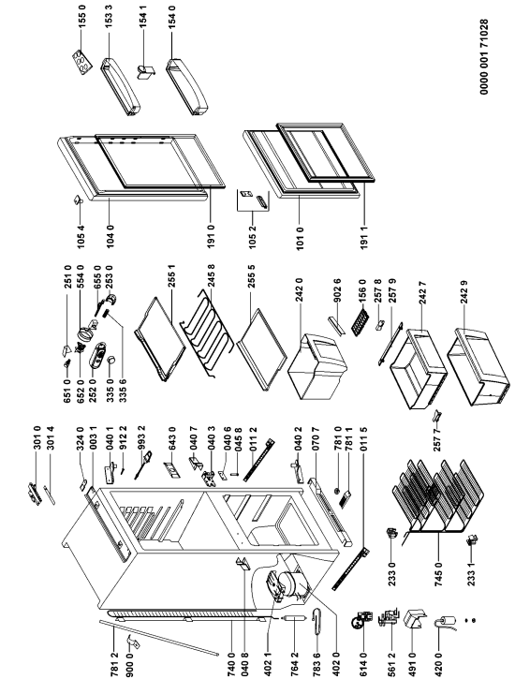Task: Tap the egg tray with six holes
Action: (82, 61)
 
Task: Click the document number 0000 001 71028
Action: (484, 56)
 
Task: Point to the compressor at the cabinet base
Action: (287, 585)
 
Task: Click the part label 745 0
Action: (438, 574)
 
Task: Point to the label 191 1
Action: (364, 237)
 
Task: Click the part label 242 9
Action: (463, 291)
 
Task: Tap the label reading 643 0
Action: (172, 438)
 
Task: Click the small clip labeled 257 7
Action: (437, 415)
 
